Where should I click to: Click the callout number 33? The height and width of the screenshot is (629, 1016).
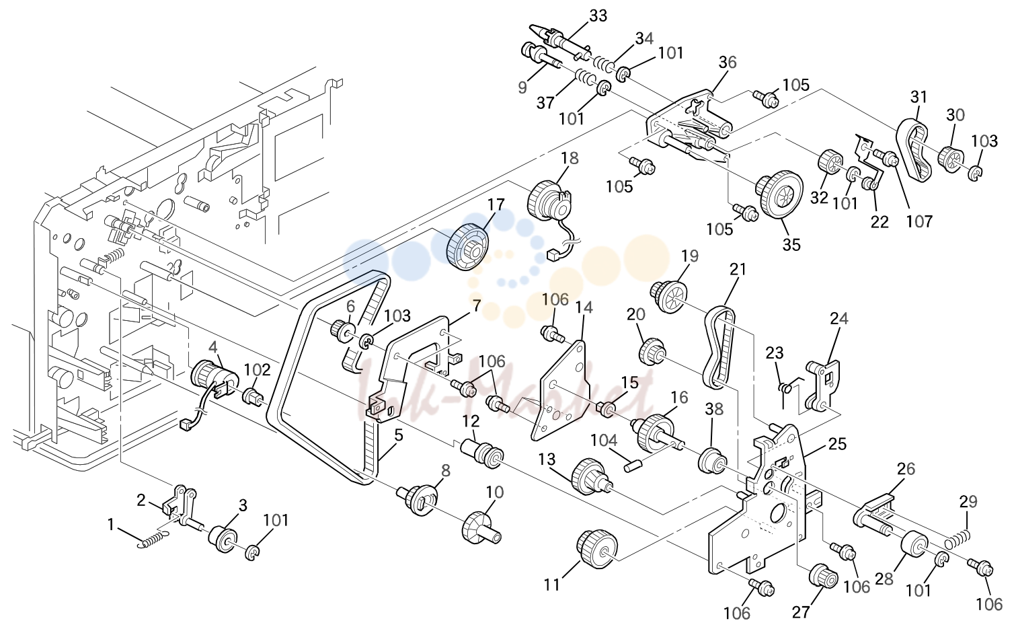click(598, 16)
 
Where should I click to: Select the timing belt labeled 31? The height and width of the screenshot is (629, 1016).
click(912, 151)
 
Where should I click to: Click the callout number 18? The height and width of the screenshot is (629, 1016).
click(570, 158)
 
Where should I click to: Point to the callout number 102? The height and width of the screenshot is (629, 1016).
click(258, 370)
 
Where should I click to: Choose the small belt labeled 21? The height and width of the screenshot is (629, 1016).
click(719, 348)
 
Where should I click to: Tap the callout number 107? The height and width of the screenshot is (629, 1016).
click(919, 222)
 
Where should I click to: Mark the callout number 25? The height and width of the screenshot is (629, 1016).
click(837, 443)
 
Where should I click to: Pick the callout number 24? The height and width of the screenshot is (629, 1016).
click(839, 319)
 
